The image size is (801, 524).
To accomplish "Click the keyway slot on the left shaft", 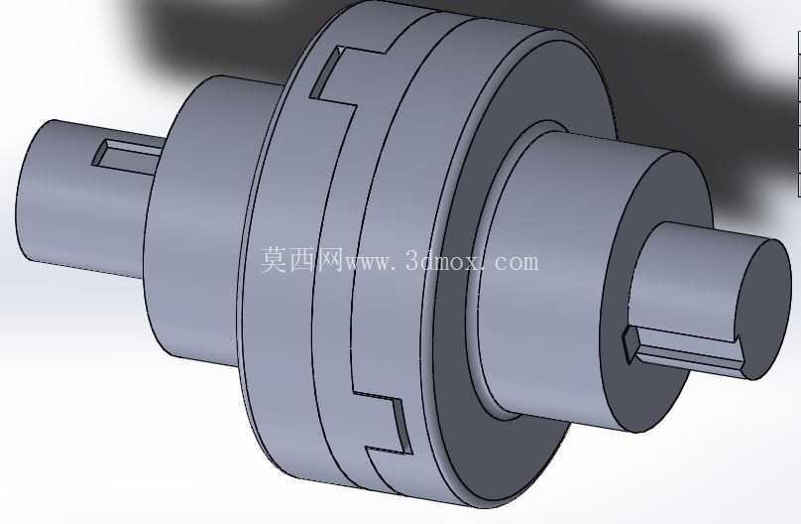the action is click(x=128, y=155).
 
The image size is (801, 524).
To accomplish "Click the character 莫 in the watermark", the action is click(x=276, y=260).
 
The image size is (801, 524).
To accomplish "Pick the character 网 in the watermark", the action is click(x=330, y=260).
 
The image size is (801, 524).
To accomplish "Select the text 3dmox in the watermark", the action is click(x=443, y=261).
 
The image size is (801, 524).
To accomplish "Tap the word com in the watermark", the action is click(x=516, y=263).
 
